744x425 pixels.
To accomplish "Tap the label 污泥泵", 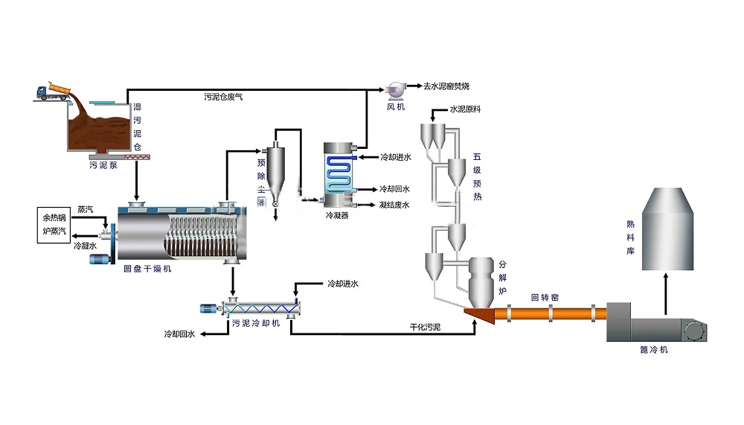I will pyautogui.click(x=103, y=164).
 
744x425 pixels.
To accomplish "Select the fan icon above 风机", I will pyautogui.click(x=394, y=90).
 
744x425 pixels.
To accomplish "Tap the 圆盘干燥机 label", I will pyautogui.click(x=147, y=269).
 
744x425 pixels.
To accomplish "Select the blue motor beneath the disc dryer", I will pyautogui.click(x=100, y=260).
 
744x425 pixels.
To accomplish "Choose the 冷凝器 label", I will pyautogui.click(x=337, y=216).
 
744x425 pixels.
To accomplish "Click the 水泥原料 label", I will pyautogui.click(x=466, y=109).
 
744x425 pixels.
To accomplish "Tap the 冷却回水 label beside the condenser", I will pyautogui.click(x=394, y=188).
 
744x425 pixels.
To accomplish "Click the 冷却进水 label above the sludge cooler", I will pyautogui.click(x=342, y=284).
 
